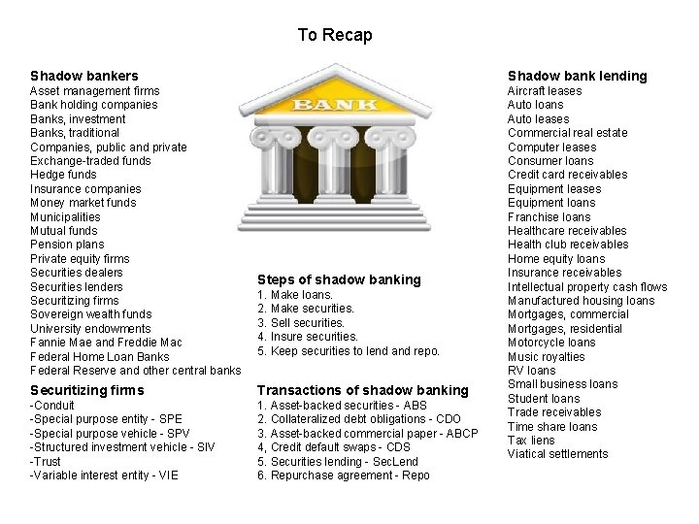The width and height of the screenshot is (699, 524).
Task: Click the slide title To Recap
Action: [335, 35]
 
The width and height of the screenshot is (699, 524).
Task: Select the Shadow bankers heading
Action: [84, 76]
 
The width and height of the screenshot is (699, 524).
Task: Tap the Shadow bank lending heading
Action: [577, 76]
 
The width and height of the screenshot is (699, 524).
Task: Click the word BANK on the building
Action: [335, 104]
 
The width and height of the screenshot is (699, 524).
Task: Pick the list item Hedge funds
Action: [64, 175]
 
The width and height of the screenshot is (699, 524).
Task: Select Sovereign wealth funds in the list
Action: [91, 314]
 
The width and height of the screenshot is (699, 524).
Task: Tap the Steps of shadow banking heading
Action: [339, 279]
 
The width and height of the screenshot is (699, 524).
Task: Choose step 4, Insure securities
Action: [308, 337]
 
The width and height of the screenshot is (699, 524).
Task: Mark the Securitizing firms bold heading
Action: [86, 390]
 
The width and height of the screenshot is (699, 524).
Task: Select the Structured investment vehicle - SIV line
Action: [122, 447]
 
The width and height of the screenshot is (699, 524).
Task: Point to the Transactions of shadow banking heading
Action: [362, 390]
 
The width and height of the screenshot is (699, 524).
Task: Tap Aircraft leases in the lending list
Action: [545, 91]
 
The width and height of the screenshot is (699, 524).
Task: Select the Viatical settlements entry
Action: [558, 454]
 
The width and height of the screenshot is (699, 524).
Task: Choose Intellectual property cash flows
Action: [587, 286]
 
